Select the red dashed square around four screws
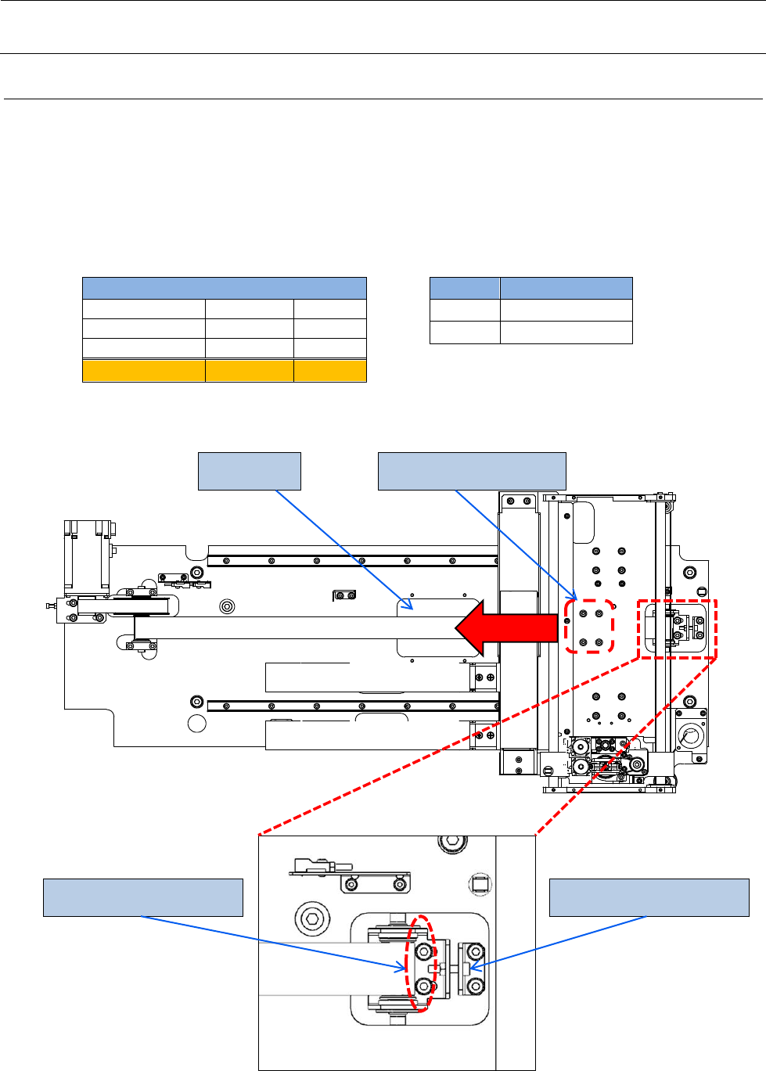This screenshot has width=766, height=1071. click(x=589, y=627)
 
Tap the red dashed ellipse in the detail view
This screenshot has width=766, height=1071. click(x=420, y=964)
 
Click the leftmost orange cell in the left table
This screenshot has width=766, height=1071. click(x=144, y=371)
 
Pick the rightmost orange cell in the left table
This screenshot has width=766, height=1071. click(x=329, y=371)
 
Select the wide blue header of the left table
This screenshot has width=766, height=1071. click(x=225, y=288)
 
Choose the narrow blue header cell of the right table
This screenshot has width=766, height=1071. click(x=465, y=288)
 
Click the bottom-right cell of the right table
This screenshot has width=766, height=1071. click(x=566, y=332)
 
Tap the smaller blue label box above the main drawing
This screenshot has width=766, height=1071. click(x=250, y=471)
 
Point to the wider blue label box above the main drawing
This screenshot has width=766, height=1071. click(x=472, y=471)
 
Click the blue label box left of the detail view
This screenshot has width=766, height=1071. click(x=143, y=897)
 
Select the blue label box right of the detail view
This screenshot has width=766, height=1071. click(x=649, y=897)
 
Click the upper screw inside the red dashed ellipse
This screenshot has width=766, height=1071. click(x=424, y=951)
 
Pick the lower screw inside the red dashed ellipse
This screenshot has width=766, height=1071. click(x=424, y=985)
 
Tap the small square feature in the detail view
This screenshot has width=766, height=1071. click(x=478, y=885)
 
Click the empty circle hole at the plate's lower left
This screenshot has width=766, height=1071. click(x=198, y=724)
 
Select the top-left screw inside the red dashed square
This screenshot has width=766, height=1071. click(x=583, y=613)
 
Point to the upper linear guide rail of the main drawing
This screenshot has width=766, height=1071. click(x=353, y=560)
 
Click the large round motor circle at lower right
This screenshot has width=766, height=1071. click(x=691, y=735)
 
